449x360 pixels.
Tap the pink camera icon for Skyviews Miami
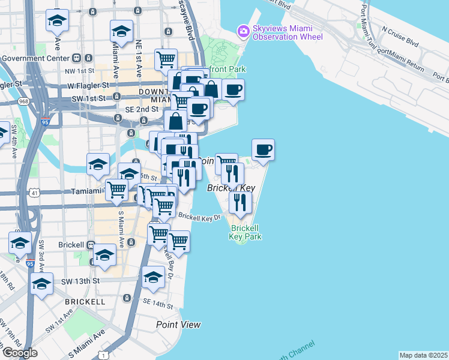pos(243,31)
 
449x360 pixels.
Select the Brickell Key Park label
pos(245,232)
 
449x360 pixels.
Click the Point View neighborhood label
pos(178,325)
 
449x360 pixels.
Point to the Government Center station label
pos(34,58)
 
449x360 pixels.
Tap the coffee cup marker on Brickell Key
pos(263,150)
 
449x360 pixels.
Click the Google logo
pos(19,353)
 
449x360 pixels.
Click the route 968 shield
pos(23,101)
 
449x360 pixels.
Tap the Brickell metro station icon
pos(91,245)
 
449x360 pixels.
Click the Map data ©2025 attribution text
pos(424,355)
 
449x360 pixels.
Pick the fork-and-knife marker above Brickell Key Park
pos(240,203)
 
